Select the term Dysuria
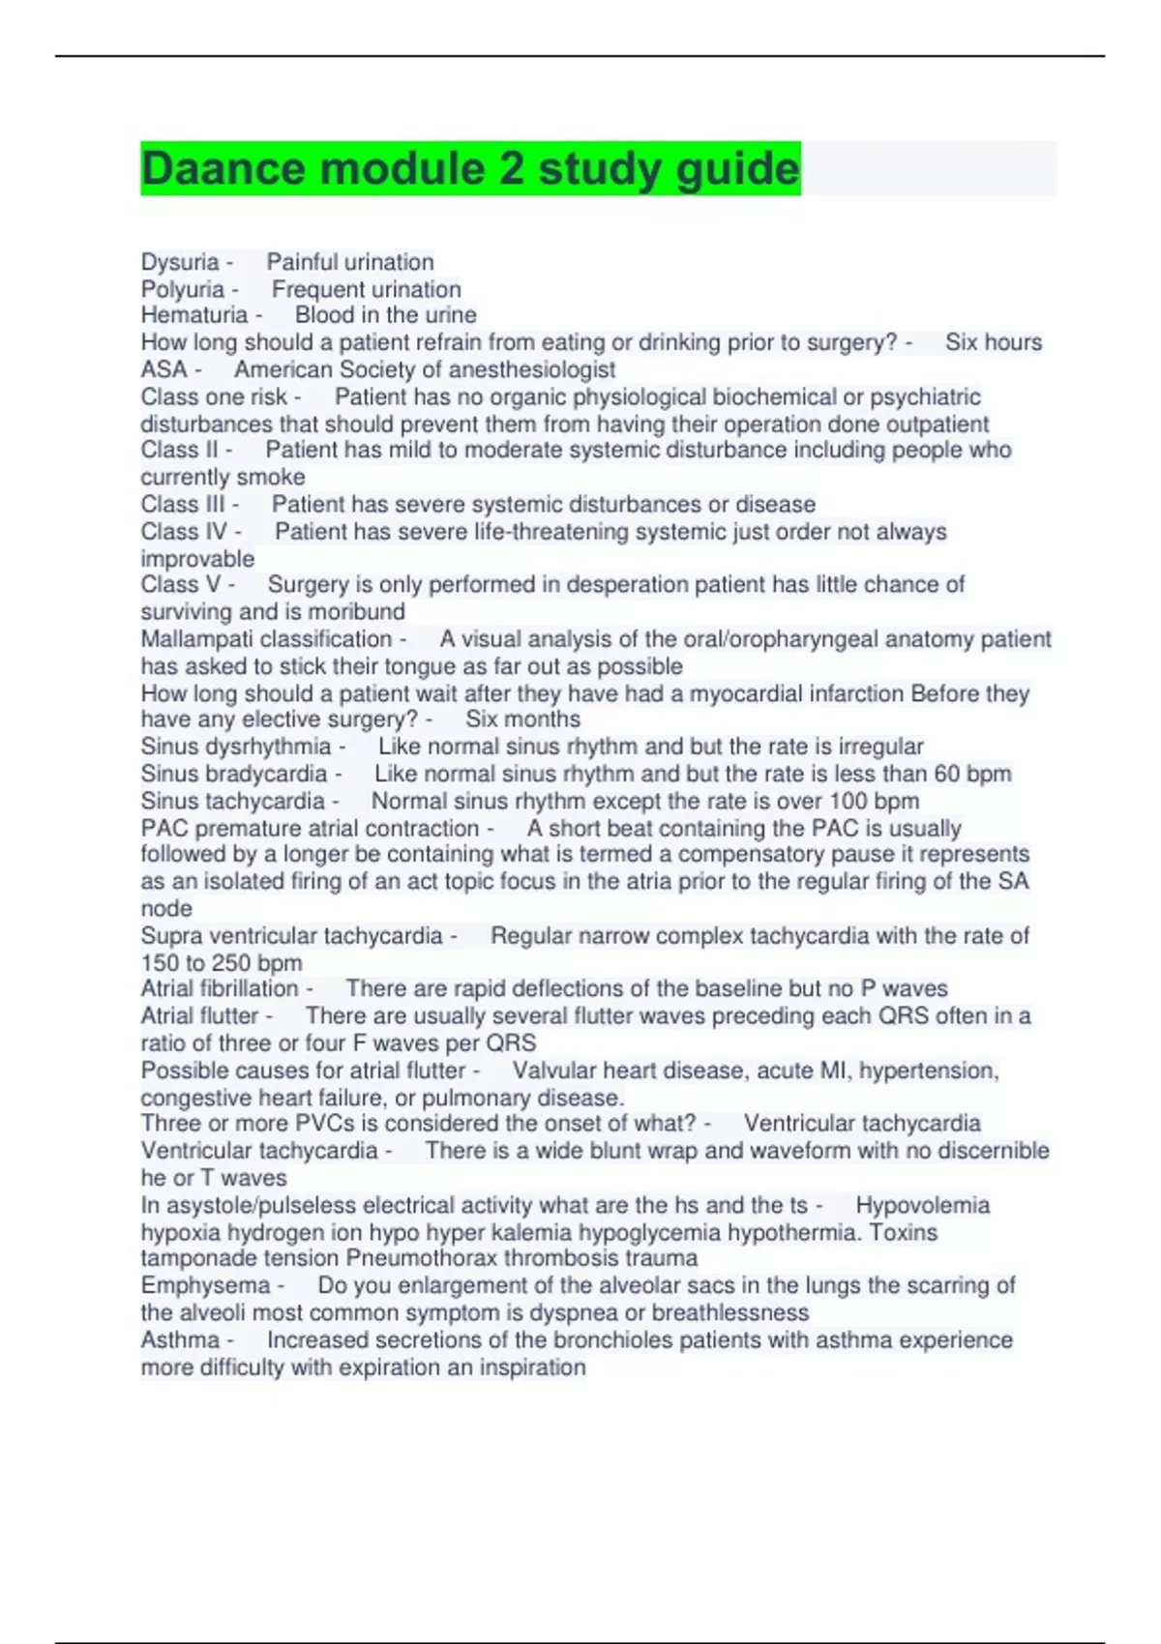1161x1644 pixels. (180, 262)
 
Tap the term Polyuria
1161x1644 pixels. (183, 289)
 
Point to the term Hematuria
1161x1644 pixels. (194, 315)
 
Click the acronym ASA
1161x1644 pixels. (164, 369)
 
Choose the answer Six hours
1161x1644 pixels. (994, 342)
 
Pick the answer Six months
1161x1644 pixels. (522, 719)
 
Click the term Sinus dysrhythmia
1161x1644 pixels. (236, 747)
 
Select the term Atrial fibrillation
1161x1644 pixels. (220, 988)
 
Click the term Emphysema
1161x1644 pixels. (205, 1285)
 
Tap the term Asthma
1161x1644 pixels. (180, 1340)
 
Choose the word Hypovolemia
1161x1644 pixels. (922, 1205)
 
